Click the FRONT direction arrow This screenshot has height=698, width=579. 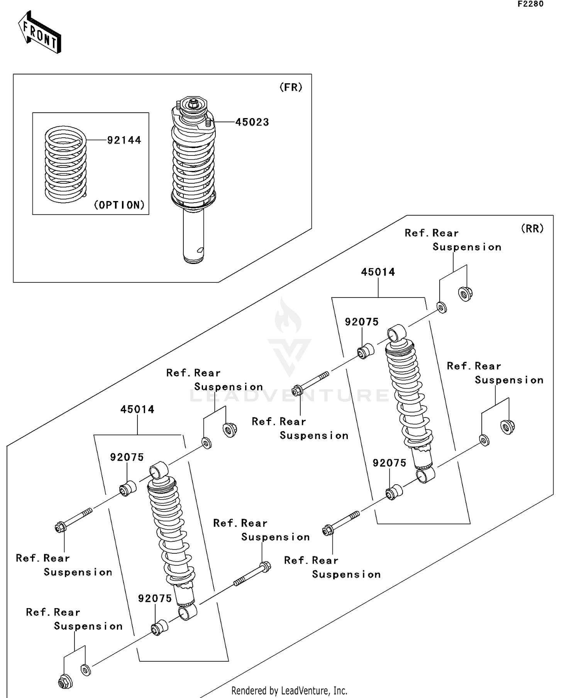pos(40,33)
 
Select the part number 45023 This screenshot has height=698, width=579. pos(252,122)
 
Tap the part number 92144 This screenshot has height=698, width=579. pos(124,140)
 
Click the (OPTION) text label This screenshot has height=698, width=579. pos(119,205)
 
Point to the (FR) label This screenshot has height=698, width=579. pos(291,87)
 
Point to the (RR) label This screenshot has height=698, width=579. pos(532,228)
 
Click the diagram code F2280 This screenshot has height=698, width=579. pos(530,4)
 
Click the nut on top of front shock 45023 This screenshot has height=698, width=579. pos(193,103)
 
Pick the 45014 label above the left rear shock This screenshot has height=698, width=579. pos(137,409)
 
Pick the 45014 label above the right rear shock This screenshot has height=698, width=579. pos(378,272)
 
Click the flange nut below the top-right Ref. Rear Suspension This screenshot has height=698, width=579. pos(466,294)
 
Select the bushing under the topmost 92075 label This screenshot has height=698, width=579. pos(365,351)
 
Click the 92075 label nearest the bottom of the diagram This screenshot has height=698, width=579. pos(155,598)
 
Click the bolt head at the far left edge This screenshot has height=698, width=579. pos(60,527)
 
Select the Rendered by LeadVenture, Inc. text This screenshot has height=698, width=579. pos(289,691)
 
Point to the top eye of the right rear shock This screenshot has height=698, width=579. pos(396,333)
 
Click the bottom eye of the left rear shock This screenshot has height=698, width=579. pos(188,612)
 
